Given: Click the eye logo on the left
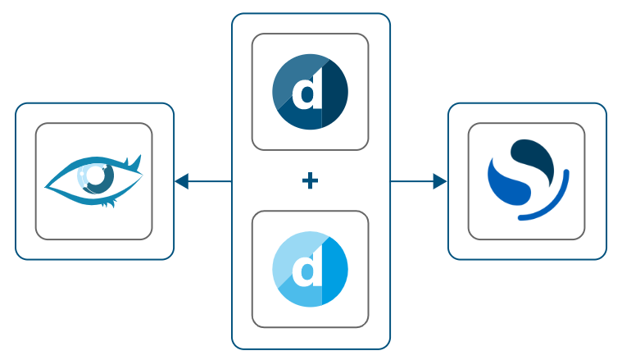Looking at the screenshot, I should [93, 180].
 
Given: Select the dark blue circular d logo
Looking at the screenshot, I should [310, 92].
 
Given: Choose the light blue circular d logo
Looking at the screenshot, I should [310, 269].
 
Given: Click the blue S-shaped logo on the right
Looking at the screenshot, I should [526, 180].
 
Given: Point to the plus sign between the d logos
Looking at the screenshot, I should [310, 181].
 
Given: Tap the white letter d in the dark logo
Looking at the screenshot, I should [307, 93].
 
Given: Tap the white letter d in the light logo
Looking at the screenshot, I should [307, 270].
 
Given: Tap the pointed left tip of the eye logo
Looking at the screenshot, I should [47, 185].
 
